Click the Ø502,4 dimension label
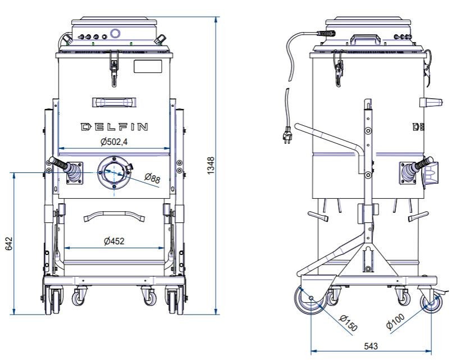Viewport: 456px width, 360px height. [114, 142]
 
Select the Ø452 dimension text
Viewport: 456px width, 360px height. [114, 241]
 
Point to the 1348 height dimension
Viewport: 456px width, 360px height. [211, 166]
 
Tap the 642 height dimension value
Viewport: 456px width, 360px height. [9, 244]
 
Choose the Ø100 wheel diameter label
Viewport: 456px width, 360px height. [395, 321]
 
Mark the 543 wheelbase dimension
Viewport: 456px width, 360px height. [371, 346]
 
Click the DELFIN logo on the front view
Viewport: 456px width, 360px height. [114, 127]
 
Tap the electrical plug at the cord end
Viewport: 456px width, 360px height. [288, 135]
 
